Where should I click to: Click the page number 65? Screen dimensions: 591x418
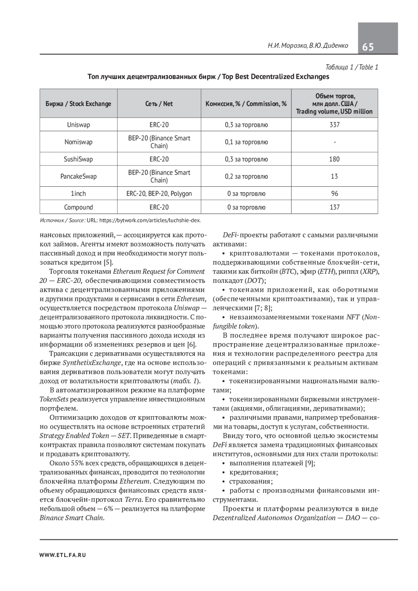[x=368, y=47]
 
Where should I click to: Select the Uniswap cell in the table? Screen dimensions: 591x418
[x=78, y=125]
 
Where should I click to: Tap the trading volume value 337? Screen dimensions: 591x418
[x=334, y=125]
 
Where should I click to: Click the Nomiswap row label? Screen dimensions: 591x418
[x=78, y=142]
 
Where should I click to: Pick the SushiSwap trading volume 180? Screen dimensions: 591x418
[x=334, y=159]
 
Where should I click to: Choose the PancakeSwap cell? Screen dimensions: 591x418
[x=78, y=176]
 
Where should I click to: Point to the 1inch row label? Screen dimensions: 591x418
[x=78, y=194]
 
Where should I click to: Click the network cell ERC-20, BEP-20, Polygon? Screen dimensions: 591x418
[x=159, y=194]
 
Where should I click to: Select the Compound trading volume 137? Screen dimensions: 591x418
[x=334, y=207]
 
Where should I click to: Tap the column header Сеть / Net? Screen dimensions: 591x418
[x=159, y=104]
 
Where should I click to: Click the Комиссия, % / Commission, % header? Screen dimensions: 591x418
[x=246, y=104]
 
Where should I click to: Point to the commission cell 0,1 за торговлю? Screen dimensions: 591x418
[x=246, y=142]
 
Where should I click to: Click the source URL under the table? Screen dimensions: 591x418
[x=144, y=220]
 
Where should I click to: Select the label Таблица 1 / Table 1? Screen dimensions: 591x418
[x=351, y=67]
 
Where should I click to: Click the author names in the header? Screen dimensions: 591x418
[x=308, y=46]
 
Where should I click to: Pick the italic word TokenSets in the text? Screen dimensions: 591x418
[x=54, y=399]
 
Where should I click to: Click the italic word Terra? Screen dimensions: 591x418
[x=133, y=500]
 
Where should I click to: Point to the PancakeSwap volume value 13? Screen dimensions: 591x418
[x=334, y=176]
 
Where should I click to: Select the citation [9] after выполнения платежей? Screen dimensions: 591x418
[x=310, y=463]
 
